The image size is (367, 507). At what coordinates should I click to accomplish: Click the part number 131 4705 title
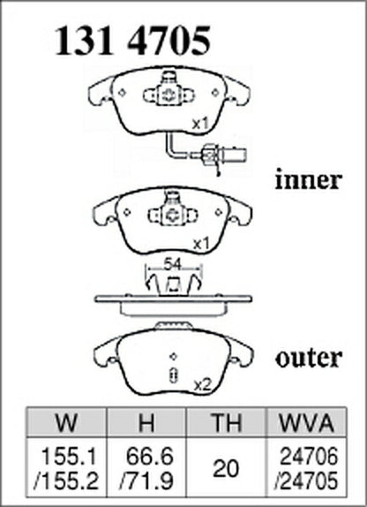click(x=133, y=41)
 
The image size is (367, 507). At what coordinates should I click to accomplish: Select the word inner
click(x=309, y=180)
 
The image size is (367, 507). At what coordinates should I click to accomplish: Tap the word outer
click(x=309, y=358)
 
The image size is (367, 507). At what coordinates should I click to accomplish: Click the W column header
click(x=66, y=422)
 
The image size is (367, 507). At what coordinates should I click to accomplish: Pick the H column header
click(x=146, y=422)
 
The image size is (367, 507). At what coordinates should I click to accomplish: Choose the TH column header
click(x=226, y=422)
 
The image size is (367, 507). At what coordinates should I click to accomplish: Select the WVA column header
click(x=306, y=422)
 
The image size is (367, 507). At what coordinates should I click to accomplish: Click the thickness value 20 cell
click(x=226, y=468)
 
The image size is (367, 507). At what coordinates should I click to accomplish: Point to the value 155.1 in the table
click(x=69, y=457)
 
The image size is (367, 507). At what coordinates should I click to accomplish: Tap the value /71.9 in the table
click(x=146, y=481)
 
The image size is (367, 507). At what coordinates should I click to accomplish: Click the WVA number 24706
click(x=309, y=457)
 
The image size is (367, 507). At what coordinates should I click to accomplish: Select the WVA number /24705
click(x=306, y=481)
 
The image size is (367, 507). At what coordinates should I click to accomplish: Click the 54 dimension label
click(x=173, y=264)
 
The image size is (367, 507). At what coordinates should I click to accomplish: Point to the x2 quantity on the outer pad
click(x=202, y=385)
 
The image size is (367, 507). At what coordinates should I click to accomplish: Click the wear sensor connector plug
click(x=223, y=155)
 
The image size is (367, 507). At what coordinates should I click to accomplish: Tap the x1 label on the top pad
click(x=200, y=124)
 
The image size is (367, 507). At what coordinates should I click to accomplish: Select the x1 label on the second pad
click(x=201, y=245)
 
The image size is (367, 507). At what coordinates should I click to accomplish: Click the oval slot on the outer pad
click(x=174, y=375)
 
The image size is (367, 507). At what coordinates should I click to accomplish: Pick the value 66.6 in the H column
click(x=150, y=457)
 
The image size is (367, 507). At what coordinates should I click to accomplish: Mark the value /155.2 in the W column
click(x=66, y=481)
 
